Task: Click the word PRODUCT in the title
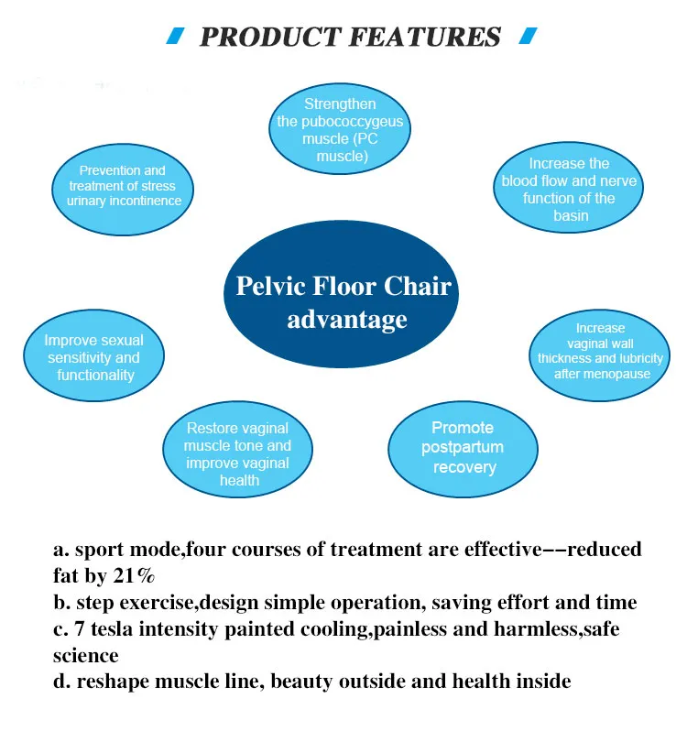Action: [270, 38]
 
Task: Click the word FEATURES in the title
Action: [425, 38]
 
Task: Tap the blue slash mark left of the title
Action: [175, 36]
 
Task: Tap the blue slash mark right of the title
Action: [528, 36]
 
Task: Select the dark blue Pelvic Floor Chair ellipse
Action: [341, 294]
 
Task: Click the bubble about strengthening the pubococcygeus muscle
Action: [340, 129]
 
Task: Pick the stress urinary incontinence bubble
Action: [123, 190]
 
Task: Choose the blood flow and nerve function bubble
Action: [568, 188]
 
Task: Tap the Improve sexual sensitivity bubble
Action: [93, 355]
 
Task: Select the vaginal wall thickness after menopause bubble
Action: [599, 355]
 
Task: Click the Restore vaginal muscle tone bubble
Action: [237, 450]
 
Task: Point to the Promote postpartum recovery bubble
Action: [463, 450]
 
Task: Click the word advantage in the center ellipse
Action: [347, 320]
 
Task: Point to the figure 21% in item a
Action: [134, 576]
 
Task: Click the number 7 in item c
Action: [79, 629]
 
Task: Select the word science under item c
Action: [86, 656]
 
